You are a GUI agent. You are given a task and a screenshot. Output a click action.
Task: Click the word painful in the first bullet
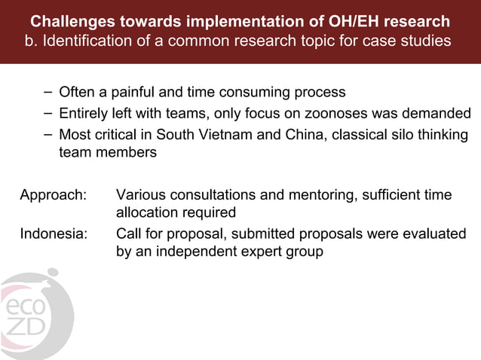click(x=134, y=93)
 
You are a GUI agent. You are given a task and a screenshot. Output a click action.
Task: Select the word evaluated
click(x=437, y=234)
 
